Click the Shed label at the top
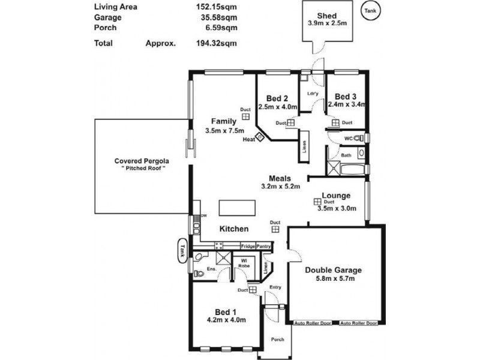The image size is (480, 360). pyautogui.click(x=327, y=16)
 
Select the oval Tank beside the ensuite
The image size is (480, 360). pyautogui.click(x=182, y=251)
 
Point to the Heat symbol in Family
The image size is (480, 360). pyautogui.click(x=261, y=137)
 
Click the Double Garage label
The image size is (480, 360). pyautogui.click(x=333, y=269)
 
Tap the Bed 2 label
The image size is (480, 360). pyautogui.click(x=278, y=98)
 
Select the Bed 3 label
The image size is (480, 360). pyautogui.click(x=346, y=97)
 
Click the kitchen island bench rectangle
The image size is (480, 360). pyautogui.click(x=236, y=208)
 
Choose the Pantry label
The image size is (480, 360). pyautogui.click(x=264, y=246)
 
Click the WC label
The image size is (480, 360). pyautogui.click(x=348, y=139)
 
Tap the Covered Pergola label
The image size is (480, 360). pyautogui.click(x=142, y=161)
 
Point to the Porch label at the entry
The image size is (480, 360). pyautogui.click(x=277, y=340)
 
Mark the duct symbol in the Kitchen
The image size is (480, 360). pyautogui.click(x=275, y=228)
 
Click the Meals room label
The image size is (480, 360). pyautogui.click(x=280, y=178)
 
